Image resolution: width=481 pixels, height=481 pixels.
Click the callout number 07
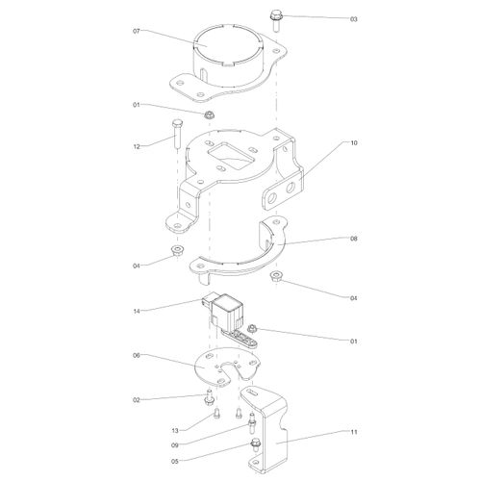click(137, 32)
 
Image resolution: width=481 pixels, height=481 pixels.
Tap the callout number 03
click(326, 18)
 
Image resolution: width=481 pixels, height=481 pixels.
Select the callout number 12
click(137, 146)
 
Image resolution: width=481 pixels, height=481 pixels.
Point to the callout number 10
click(354, 143)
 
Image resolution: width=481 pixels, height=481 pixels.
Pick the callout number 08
click(354, 239)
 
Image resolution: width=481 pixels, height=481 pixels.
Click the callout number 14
click(137, 310)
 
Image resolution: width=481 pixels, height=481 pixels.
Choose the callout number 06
click(137, 355)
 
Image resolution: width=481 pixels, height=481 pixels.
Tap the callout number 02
click(137, 399)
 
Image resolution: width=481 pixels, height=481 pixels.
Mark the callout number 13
click(176, 430)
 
